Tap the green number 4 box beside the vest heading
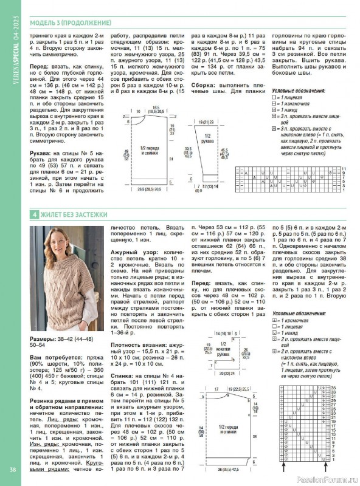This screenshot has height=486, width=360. click(35, 214)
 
